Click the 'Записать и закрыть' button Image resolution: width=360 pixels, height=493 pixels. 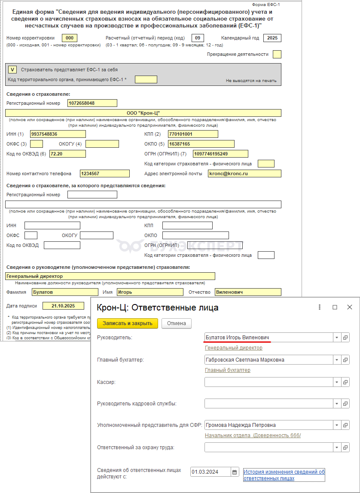click(x=128, y=323)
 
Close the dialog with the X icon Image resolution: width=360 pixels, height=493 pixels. click(x=350, y=307)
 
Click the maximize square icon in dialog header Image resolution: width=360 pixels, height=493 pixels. click(x=335, y=307)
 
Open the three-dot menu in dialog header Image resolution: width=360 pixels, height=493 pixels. click(x=320, y=307)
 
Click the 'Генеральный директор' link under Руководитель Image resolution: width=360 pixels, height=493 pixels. click(x=233, y=348)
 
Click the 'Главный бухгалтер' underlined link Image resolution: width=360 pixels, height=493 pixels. click(x=227, y=370)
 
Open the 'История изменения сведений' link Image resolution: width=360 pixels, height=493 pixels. click(x=284, y=475)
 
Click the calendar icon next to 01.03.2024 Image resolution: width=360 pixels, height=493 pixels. click(x=235, y=472)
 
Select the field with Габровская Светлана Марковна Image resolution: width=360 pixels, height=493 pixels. click(x=268, y=360)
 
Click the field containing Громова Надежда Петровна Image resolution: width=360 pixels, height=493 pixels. click(x=268, y=425)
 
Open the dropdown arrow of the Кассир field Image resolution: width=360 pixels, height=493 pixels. click(x=336, y=382)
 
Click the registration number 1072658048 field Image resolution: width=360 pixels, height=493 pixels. click(x=92, y=103)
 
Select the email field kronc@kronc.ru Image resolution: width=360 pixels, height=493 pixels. click(x=244, y=173)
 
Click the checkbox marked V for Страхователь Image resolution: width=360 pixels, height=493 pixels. click(x=13, y=69)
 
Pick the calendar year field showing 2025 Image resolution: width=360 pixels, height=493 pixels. click(x=272, y=38)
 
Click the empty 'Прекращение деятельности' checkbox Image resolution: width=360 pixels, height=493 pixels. click(x=277, y=54)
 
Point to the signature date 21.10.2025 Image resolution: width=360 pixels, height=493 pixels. click(x=63, y=306)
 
